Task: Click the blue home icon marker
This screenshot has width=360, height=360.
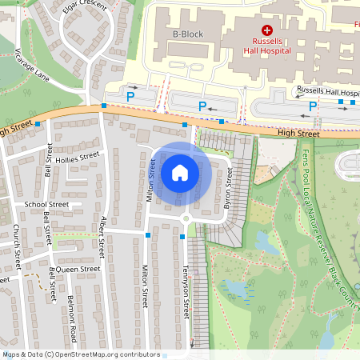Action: (x=180, y=173)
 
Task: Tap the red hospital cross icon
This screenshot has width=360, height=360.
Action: (x=267, y=29)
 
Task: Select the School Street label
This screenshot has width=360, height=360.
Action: (x=46, y=204)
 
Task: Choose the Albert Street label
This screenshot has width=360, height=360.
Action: (x=102, y=236)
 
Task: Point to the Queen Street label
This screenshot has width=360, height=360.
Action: (x=78, y=270)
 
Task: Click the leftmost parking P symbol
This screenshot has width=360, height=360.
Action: (x=131, y=96)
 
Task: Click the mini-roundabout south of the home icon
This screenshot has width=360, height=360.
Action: (x=186, y=218)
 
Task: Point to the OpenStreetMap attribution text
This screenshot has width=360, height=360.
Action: (x=80, y=354)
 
